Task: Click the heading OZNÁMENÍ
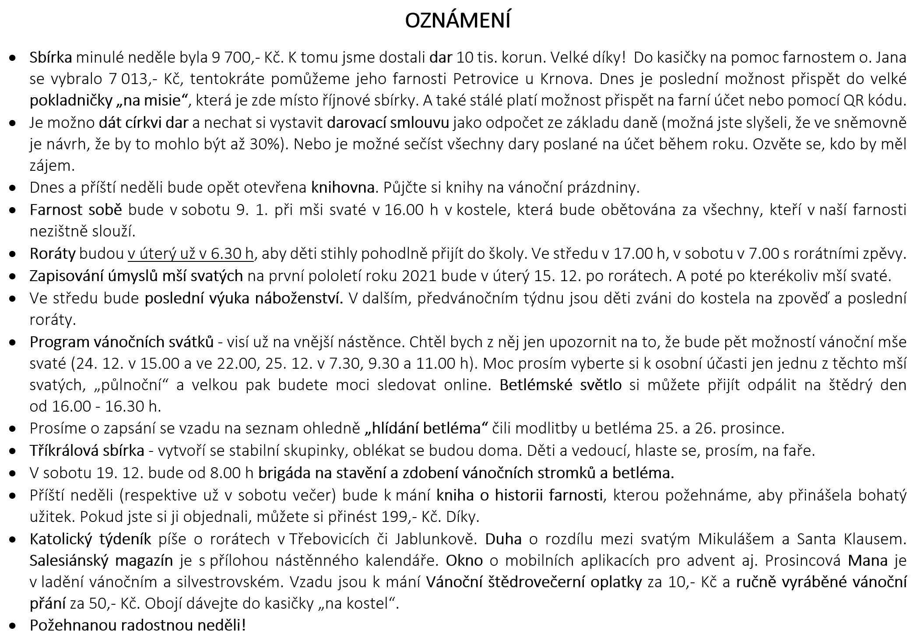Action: [x=457, y=21]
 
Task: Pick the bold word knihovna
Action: [x=343, y=187]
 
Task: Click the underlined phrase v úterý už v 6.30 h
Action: [x=190, y=254]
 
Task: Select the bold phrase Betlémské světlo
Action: [x=560, y=384]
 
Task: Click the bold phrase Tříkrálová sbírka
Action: [x=87, y=450]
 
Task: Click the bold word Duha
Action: [x=503, y=539]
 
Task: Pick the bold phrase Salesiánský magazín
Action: [x=102, y=560]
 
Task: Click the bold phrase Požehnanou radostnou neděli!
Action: [x=137, y=625]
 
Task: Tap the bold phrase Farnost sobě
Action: [x=75, y=210]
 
